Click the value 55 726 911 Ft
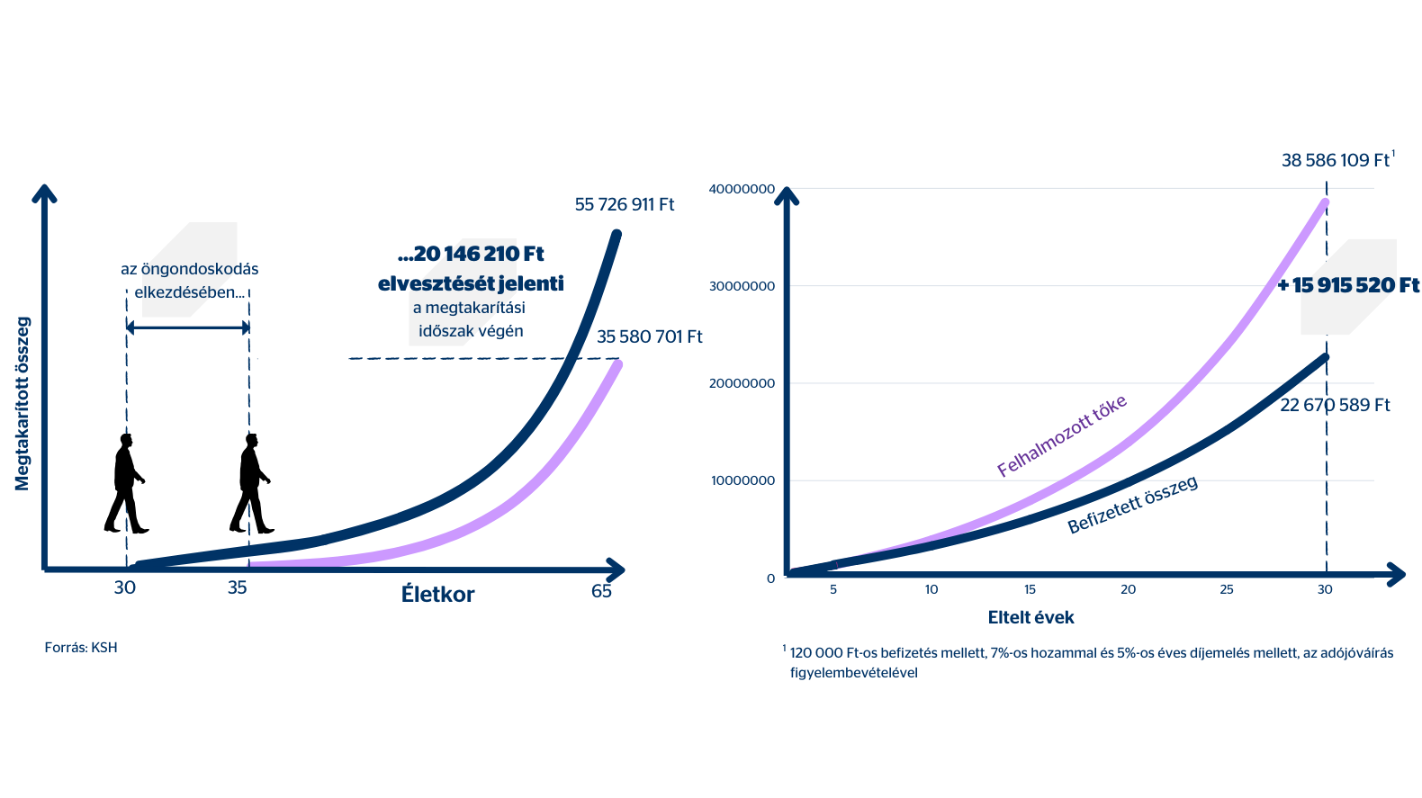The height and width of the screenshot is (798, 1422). pos(624,205)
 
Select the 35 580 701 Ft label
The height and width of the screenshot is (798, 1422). pos(649,337)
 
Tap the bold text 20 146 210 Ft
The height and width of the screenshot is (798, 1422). pos(471,255)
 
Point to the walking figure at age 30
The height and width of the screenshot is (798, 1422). pos(126,483)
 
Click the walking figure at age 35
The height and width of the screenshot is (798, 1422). pos(251,483)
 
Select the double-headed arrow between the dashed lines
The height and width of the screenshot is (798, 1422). pos(188,327)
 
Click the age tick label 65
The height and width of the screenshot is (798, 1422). pos(601,591)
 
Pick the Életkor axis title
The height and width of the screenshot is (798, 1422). pos(437,595)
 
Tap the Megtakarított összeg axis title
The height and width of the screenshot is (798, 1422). pos(22,404)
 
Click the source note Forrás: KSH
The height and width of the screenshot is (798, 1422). pos(81,648)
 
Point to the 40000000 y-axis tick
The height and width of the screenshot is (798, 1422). pos(742,189)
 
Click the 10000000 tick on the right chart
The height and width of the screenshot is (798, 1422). pos(742,480)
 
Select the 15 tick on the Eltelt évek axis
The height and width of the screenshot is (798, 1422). pos(1030,590)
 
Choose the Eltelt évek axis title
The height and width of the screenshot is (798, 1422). pos(1030,618)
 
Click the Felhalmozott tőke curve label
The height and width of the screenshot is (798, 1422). pos(1062,435)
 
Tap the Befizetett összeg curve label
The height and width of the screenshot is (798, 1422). pos(1132,505)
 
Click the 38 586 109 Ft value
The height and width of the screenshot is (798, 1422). pos(1336,161)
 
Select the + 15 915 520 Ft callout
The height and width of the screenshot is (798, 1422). pos(1348,286)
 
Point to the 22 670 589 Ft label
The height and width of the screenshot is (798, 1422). pos(1335,406)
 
